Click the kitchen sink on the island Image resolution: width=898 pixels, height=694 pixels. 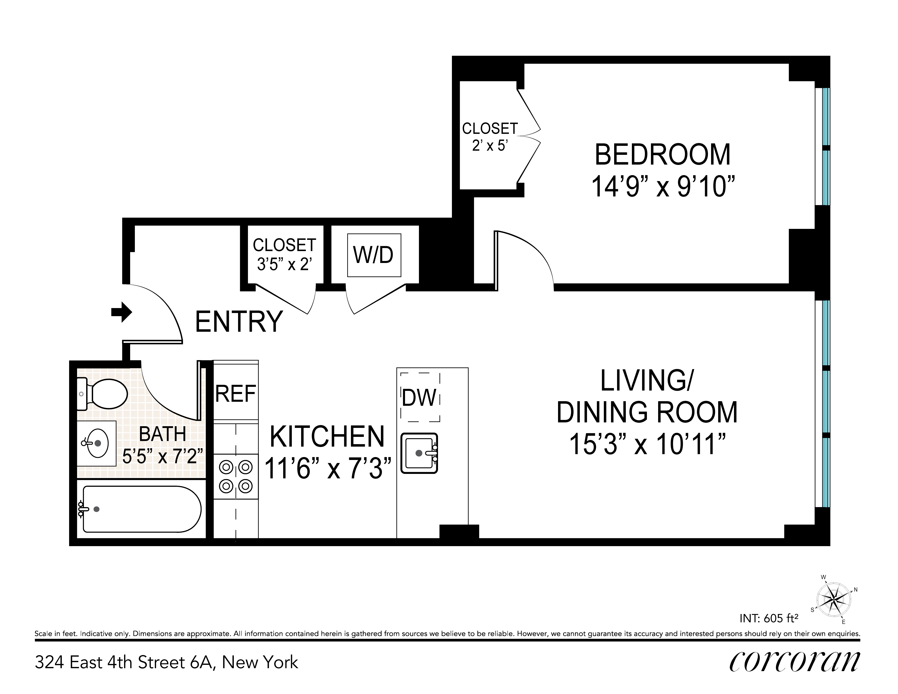419,453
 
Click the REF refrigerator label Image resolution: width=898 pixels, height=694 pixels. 236,394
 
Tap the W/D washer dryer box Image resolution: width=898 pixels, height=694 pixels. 374,255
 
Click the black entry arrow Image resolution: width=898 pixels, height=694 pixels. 122,313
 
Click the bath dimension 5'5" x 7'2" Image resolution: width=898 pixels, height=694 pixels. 163,455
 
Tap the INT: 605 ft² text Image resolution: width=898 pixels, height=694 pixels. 769,618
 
